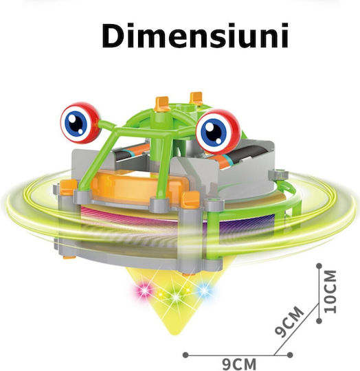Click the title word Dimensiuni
coord(195,36)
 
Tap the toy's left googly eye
coord(80,123)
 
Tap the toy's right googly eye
coord(218,131)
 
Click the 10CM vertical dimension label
coord(330,292)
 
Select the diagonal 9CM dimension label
coord(289,321)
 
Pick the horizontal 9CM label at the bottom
coord(239,364)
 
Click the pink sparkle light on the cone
coord(144,291)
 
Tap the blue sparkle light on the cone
coord(204,290)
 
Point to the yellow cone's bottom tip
coord(175,335)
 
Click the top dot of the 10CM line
coord(319,266)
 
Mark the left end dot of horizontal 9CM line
coord(185,355)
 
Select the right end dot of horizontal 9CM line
coord(290,355)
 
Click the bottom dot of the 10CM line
coord(319,321)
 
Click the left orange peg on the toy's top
coord(162,104)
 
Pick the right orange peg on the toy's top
coord(196,98)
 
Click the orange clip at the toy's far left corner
coord(68,188)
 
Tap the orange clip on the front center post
coord(190,199)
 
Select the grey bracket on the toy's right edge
coord(278,175)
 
